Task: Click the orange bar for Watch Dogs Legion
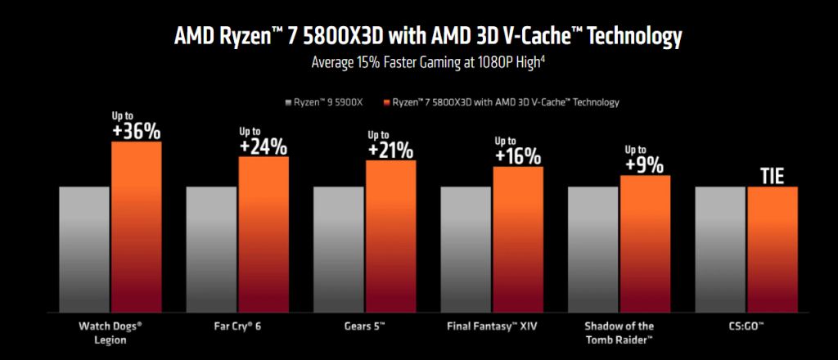137,229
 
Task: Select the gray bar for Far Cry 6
211,250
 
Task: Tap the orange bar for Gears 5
390,237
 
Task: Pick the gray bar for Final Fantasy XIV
466,250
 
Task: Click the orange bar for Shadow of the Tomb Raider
645,245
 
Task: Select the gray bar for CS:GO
720,250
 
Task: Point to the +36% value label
137,131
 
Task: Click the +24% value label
264,146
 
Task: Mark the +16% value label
518,155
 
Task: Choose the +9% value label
645,164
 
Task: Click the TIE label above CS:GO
772,175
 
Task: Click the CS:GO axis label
746,326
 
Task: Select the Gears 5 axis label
365,326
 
